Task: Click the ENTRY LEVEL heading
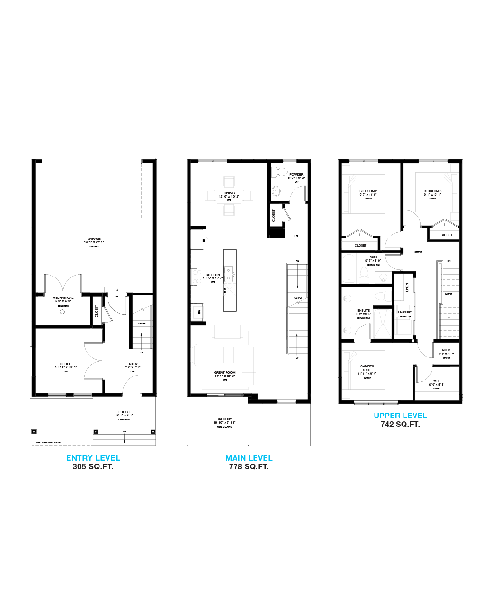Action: coord(93,458)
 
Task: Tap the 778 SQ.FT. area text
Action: coord(249,467)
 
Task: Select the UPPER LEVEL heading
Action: coord(400,416)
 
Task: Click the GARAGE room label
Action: coord(94,239)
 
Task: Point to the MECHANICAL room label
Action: coord(63,298)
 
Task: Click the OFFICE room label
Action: coord(66,364)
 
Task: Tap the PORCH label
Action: coord(124,412)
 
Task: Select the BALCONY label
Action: coord(224,419)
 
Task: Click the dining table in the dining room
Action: coord(229,196)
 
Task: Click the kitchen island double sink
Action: coord(229,273)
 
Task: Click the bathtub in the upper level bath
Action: coord(349,268)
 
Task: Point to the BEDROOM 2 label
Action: coord(368,191)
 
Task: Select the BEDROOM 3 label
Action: coord(433,191)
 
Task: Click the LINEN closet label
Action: coord(407,287)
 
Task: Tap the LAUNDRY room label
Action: coord(405,312)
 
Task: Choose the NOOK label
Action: coord(446,350)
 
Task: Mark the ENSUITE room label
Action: coord(364,311)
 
